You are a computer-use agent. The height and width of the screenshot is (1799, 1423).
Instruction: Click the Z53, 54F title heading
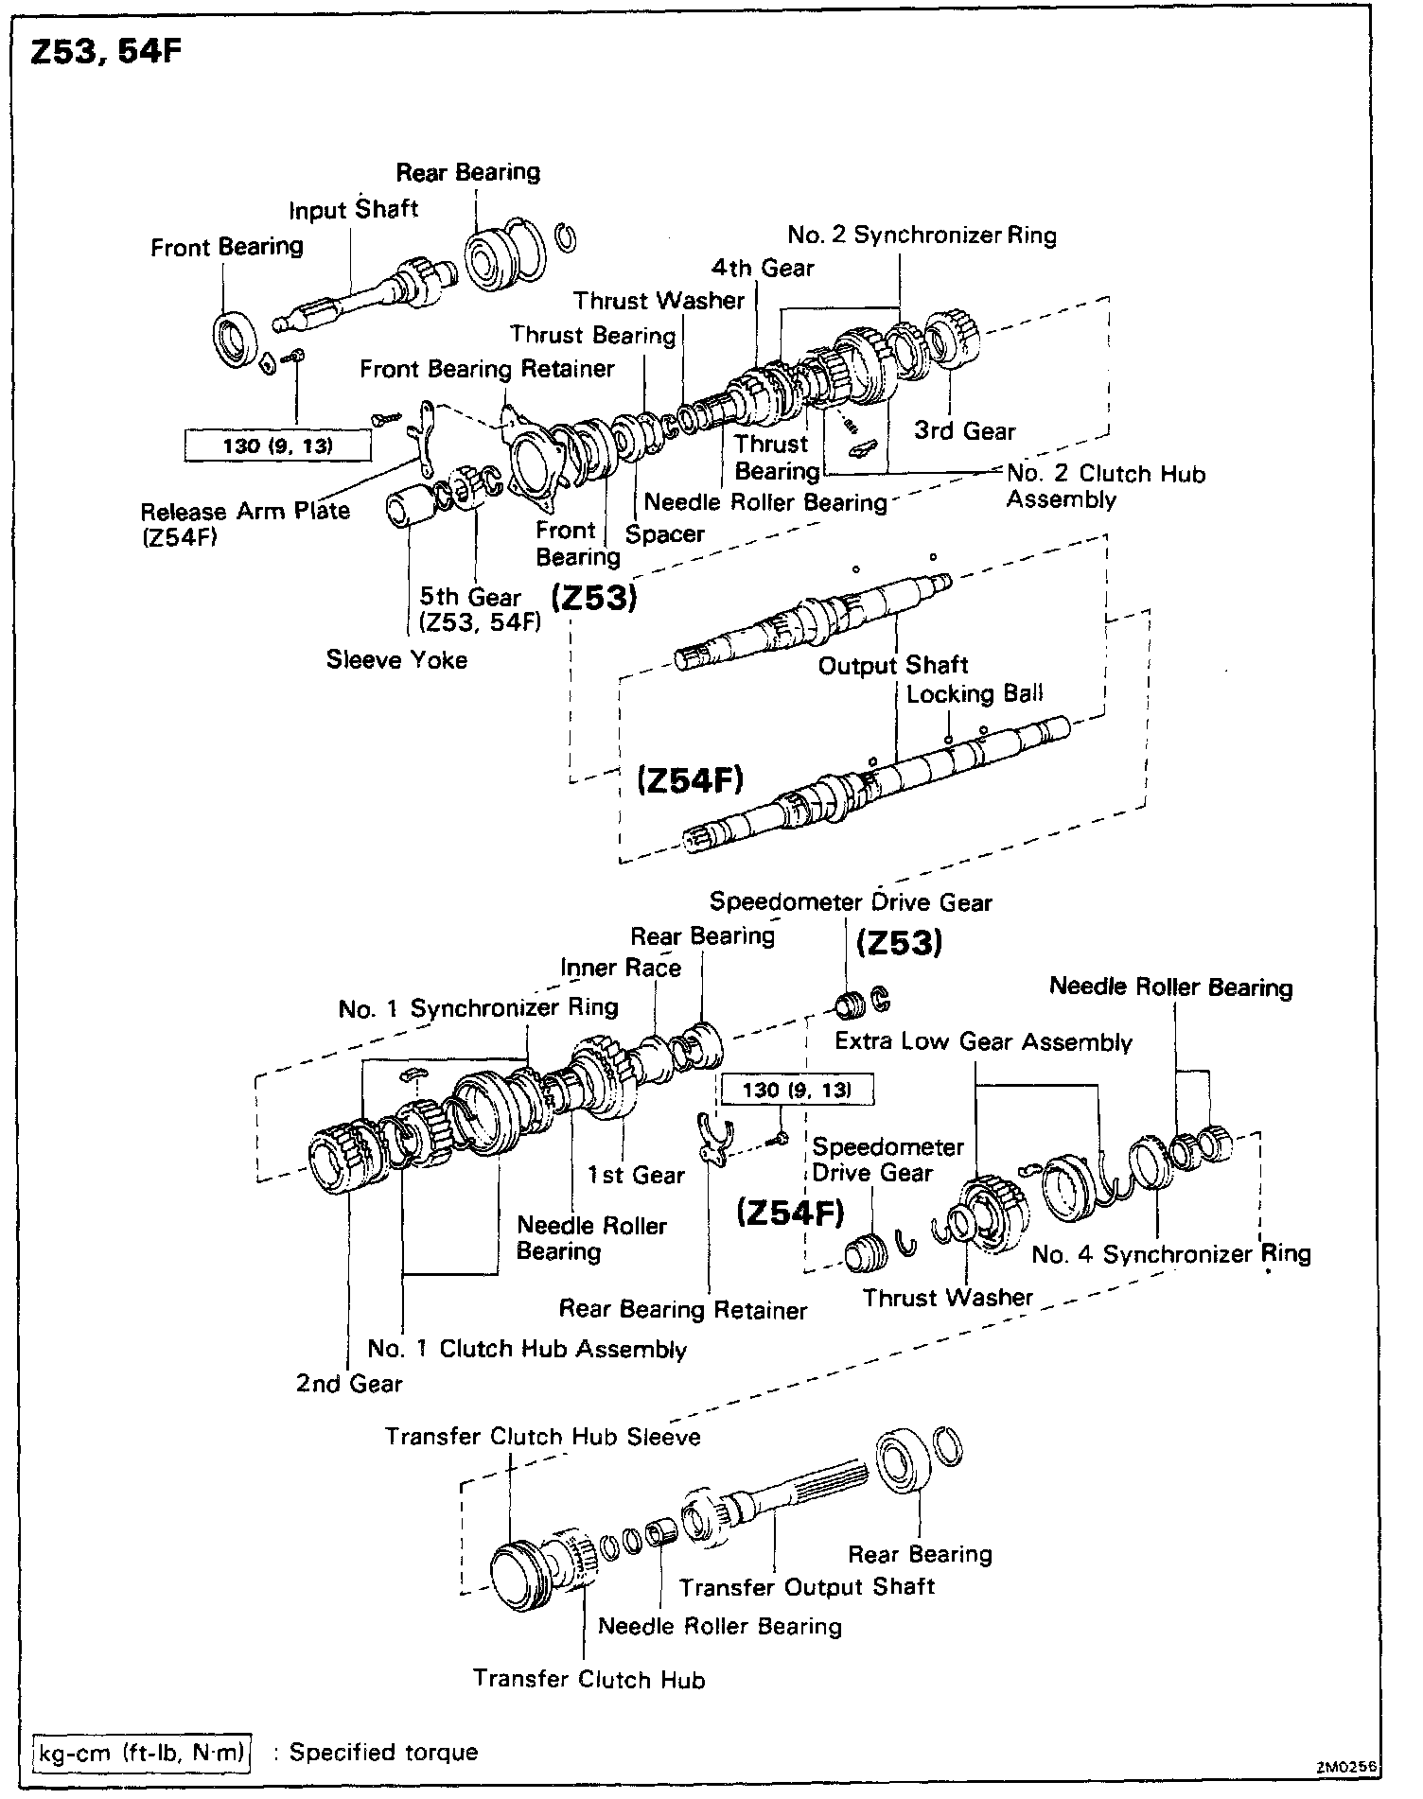click(x=105, y=52)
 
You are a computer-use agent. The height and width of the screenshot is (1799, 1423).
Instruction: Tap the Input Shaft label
click(x=353, y=209)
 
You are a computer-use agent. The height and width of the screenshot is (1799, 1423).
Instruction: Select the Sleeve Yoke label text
click(x=396, y=659)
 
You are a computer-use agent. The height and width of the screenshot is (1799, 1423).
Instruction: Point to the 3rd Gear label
click(x=964, y=431)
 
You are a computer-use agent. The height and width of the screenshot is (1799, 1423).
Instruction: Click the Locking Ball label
click(x=974, y=693)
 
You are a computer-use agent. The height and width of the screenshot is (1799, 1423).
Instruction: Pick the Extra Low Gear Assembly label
click(x=983, y=1041)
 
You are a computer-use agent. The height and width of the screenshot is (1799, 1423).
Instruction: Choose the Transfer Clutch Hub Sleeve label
click(x=542, y=1437)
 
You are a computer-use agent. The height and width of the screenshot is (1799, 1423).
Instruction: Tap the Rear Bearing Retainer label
click(x=682, y=1310)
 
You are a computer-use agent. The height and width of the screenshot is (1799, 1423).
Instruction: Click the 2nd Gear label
click(x=349, y=1383)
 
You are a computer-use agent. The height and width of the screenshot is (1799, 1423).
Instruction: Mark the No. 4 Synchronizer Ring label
click(x=1170, y=1254)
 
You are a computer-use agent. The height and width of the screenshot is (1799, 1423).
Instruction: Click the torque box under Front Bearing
click(x=277, y=445)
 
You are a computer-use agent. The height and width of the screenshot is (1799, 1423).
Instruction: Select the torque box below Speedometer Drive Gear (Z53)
click(x=797, y=1090)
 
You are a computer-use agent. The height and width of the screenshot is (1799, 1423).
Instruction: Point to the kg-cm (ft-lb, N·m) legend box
click(x=141, y=1752)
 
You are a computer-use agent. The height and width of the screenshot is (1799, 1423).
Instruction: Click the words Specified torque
click(x=383, y=1752)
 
